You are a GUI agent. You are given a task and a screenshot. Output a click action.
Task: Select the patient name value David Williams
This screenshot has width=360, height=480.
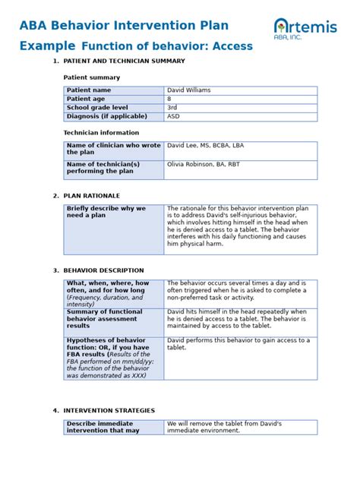pyautogui.click(x=189, y=90)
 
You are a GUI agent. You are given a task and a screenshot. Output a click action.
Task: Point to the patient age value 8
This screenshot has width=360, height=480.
pyautogui.click(x=169, y=99)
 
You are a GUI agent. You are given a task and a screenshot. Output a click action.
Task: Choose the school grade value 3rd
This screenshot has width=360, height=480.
pyautogui.click(x=172, y=108)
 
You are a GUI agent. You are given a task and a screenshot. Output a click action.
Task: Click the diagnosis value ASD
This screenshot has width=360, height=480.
pyautogui.click(x=173, y=117)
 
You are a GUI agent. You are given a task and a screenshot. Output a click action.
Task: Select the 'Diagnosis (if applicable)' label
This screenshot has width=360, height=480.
pyautogui.click(x=106, y=117)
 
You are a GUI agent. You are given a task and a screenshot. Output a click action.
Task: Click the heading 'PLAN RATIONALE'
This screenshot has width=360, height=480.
pyautogui.click(x=93, y=196)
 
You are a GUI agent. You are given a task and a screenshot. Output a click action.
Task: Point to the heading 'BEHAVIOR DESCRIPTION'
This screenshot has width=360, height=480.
pyautogui.click(x=103, y=270)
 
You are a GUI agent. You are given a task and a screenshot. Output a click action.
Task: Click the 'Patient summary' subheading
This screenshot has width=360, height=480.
pyautogui.click(x=91, y=77)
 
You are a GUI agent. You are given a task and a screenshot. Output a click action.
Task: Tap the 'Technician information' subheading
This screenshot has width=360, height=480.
pyautogui.click(x=100, y=132)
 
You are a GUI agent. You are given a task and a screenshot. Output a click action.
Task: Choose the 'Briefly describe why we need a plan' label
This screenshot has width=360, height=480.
pyautogui.click(x=106, y=212)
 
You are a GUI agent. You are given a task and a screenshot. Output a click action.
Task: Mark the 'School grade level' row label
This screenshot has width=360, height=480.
pyautogui.click(x=97, y=108)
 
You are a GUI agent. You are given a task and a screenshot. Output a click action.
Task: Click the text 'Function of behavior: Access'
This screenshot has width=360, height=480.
pyautogui.click(x=167, y=46)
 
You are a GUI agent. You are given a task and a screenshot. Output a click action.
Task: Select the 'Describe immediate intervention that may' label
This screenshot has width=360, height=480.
pyautogui.click(x=103, y=427)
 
